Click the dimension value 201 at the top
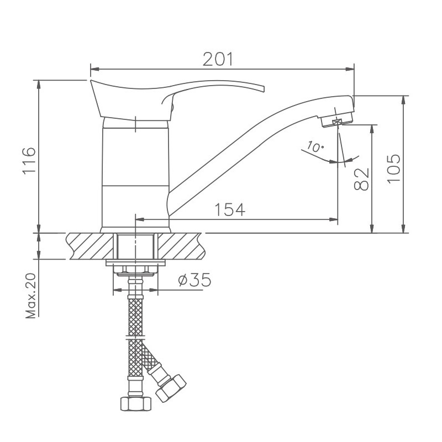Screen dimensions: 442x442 (218, 60)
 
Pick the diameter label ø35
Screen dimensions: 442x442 (194, 280)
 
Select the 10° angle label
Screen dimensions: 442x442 (313, 147)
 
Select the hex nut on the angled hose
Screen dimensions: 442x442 (172, 387)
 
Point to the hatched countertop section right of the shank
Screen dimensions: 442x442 (182, 246)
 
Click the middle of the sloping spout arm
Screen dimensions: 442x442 (243, 146)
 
